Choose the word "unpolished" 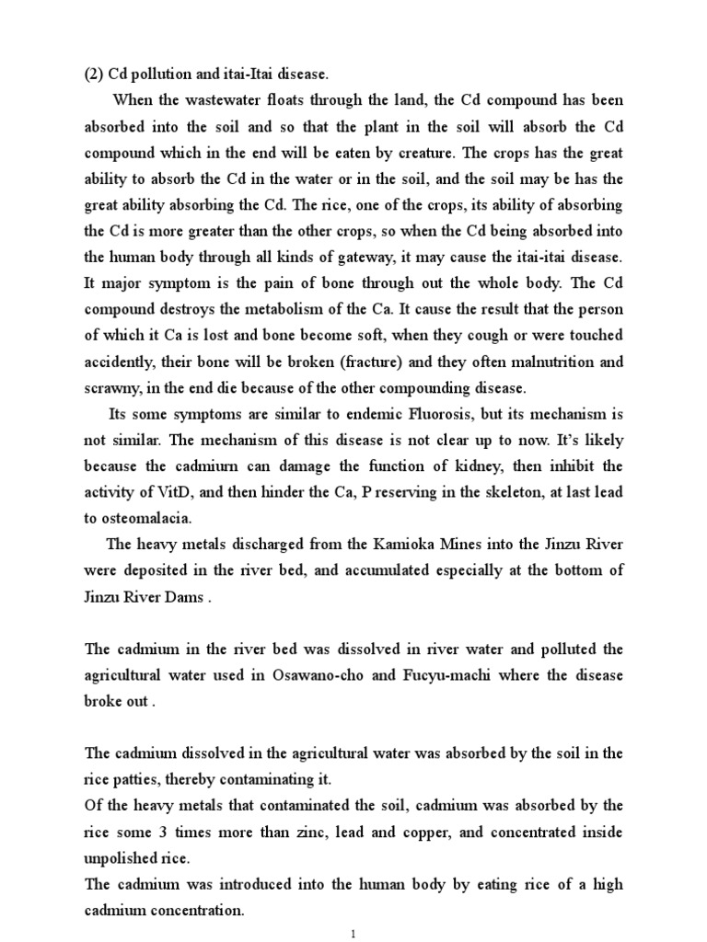tap(124, 858)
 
